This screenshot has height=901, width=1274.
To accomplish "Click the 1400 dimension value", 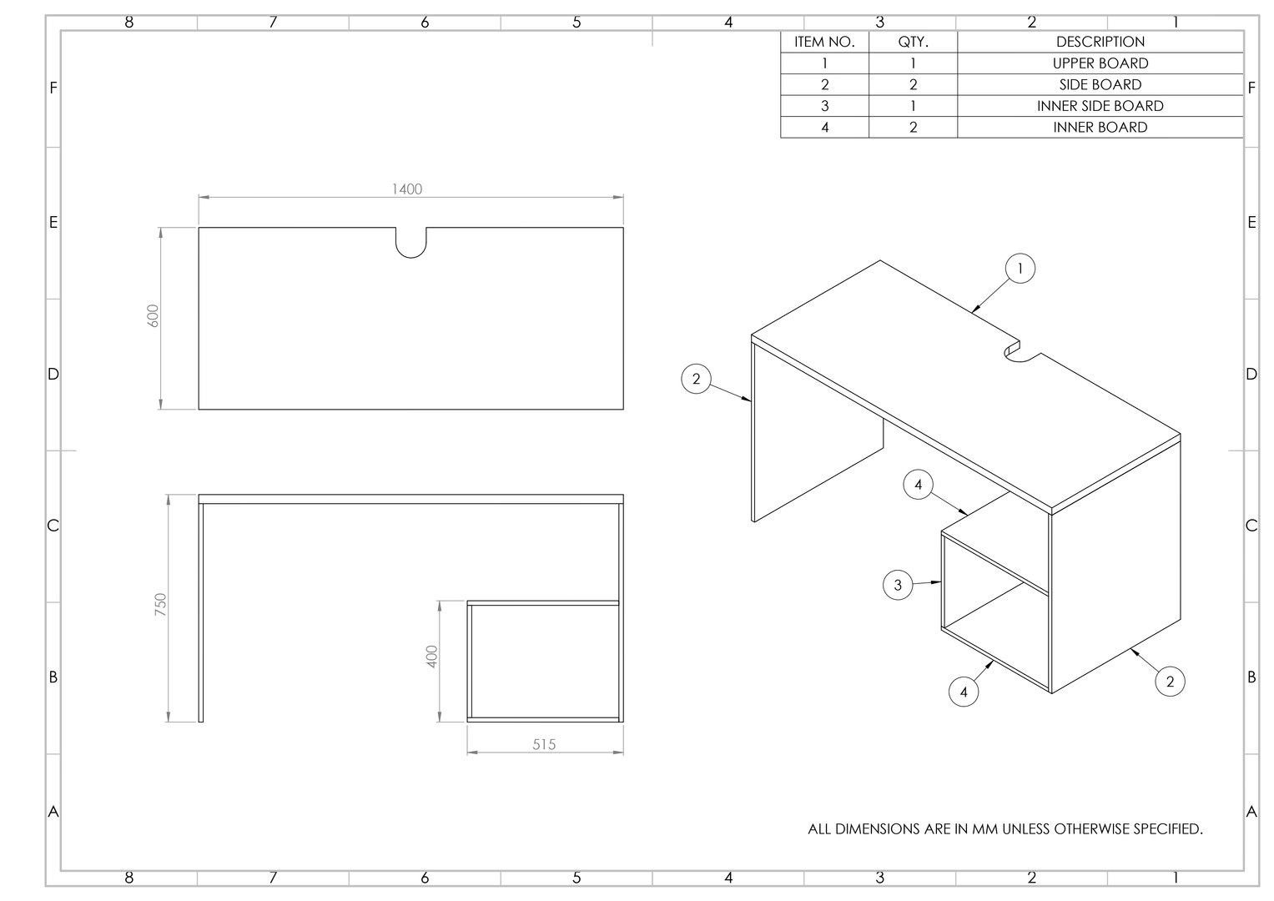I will (407, 189).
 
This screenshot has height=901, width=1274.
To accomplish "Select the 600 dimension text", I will (154, 315).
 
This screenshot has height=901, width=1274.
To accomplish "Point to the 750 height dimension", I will (161, 605).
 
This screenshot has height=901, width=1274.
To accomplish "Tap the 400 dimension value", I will (431, 657).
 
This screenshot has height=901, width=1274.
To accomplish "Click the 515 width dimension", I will (544, 744).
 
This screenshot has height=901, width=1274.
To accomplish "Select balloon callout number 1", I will (1020, 269).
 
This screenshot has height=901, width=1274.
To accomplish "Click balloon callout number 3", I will (898, 585).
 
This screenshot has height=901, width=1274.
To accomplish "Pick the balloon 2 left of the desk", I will (696, 380).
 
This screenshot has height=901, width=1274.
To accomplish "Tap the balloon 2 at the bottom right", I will (1170, 682).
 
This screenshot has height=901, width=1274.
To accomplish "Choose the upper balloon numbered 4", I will (918, 485).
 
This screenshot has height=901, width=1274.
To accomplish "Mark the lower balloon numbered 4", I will (964, 692).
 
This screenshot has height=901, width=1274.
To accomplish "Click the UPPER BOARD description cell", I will (1100, 63).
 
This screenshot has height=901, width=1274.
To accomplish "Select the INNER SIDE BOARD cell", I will (1100, 106).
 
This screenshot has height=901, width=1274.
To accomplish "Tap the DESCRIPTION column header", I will (1100, 42).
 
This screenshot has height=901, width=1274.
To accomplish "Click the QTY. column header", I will (913, 42).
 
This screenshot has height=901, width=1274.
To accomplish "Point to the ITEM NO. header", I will (824, 42).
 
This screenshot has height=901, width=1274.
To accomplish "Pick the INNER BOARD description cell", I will (1100, 128).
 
